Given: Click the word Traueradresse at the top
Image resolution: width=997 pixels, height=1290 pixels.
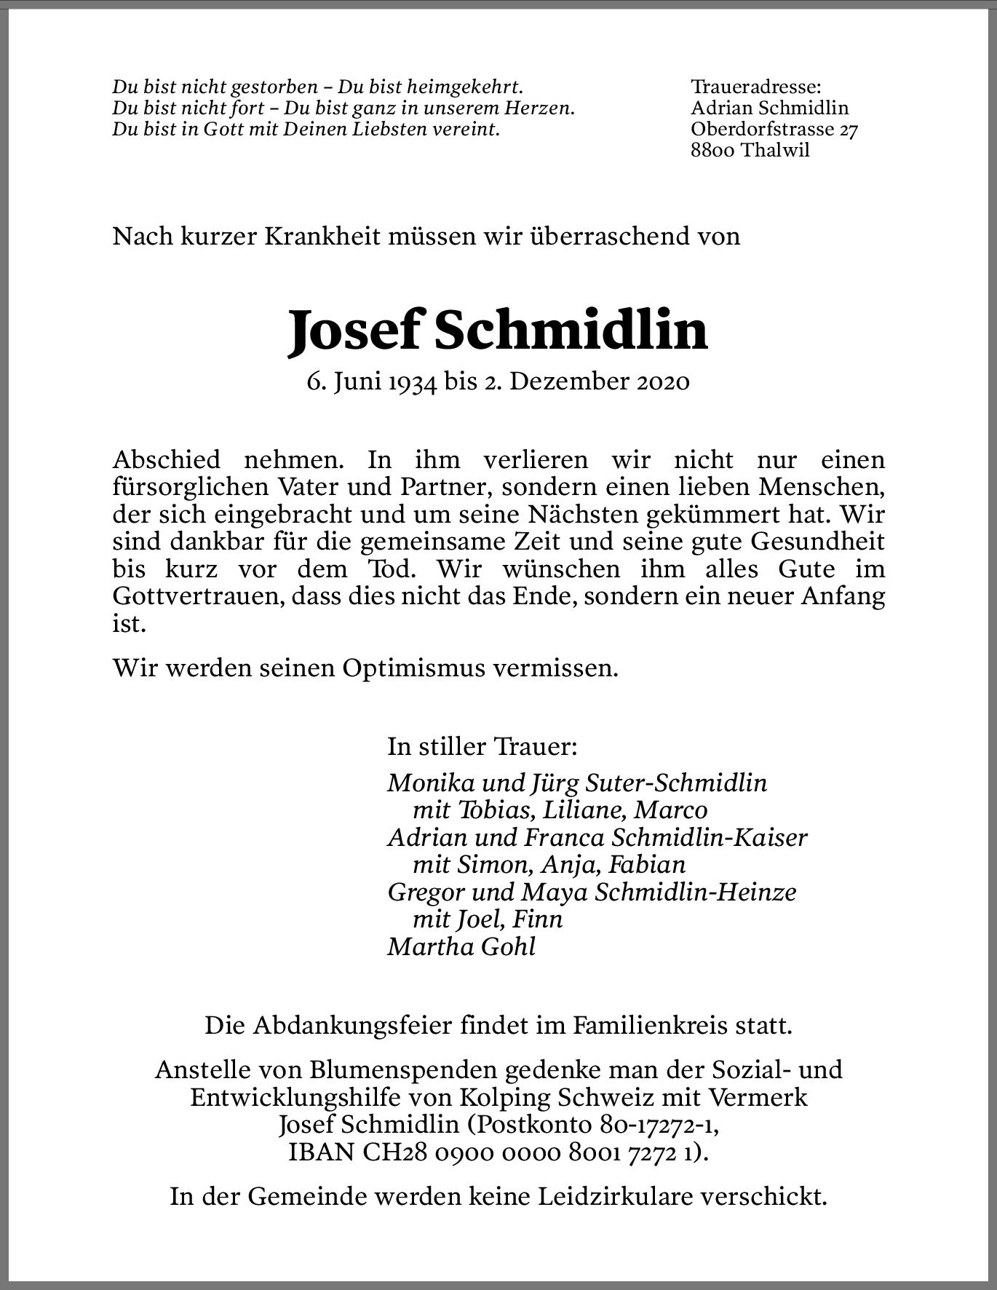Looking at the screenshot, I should tap(755, 87).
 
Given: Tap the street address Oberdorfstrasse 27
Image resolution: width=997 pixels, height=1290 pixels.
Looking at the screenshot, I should tap(774, 130).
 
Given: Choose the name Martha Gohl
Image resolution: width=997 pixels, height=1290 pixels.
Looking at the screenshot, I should tap(461, 946).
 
